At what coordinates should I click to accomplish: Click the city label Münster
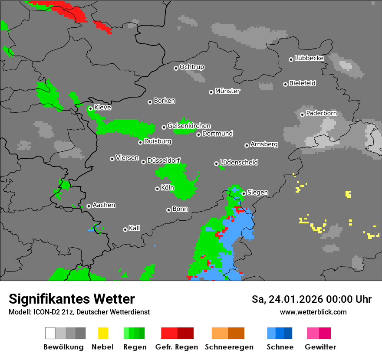point(227,91)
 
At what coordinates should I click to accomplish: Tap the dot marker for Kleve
point(90,108)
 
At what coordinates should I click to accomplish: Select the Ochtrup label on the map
point(192,67)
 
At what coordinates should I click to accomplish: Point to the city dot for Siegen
point(244,193)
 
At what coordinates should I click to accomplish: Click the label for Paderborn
point(322,114)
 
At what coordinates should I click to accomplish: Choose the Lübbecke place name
point(310,58)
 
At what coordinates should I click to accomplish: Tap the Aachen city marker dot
point(89,206)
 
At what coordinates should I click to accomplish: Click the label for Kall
point(135,228)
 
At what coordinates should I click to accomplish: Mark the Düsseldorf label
point(164,160)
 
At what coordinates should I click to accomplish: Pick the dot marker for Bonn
point(169,210)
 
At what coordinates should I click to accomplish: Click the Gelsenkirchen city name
point(189,126)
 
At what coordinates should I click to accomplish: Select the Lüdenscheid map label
point(239,163)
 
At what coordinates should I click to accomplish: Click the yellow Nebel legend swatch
point(103,333)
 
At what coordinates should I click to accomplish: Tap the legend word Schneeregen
point(228,347)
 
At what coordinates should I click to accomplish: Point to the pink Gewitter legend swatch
point(319,333)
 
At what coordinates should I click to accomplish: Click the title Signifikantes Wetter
point(72,299)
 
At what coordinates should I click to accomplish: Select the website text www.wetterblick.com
point(313,312)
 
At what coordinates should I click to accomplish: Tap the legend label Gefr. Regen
point(177,347)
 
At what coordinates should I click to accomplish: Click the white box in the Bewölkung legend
point(50,333)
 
